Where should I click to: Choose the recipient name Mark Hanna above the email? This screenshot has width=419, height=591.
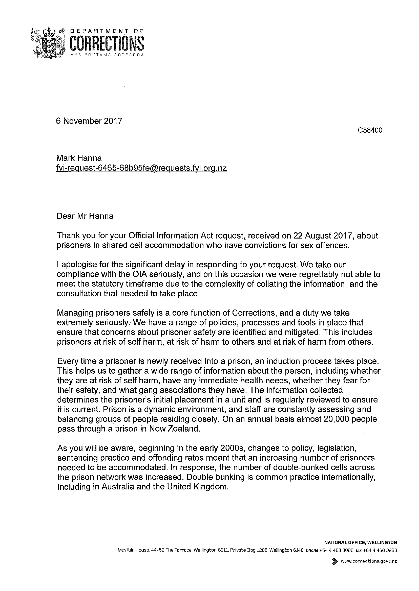(x=79, y=158)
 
